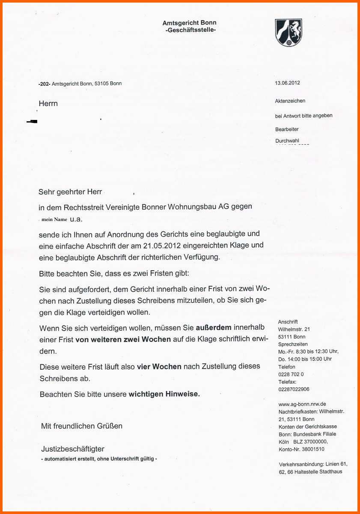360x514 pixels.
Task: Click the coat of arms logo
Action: point(288,32)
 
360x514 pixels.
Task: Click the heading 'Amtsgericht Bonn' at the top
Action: point(189,23)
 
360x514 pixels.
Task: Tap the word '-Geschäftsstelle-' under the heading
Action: point(190,30)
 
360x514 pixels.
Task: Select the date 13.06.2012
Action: point(287,83)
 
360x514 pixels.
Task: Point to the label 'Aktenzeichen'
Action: point(290,101)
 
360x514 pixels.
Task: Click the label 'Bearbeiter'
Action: point(287,129)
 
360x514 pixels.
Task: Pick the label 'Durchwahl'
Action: point(287,140)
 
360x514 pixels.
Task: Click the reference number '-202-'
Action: point(44,84)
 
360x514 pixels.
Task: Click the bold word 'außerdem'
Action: point(214,328)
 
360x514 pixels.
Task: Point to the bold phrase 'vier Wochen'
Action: point(159,367)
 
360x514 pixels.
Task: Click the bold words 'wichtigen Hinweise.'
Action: point(164,394)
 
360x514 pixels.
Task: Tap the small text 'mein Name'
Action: point(54,219)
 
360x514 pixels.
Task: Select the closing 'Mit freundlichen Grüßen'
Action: point(82,426)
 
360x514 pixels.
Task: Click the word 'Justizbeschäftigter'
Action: point(73,449)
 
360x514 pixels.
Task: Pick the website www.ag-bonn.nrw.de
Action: point(302,404)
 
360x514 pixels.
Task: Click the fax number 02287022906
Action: point(294,389)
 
